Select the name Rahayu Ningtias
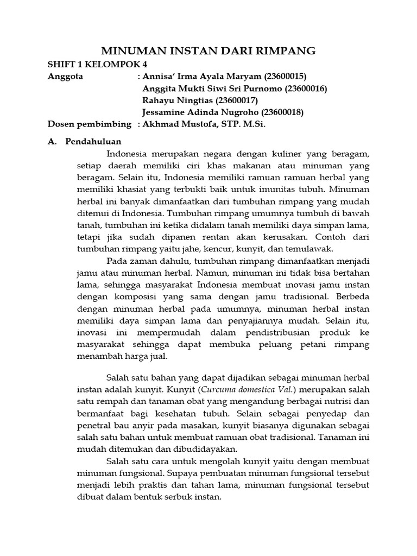pyautogui.click(x=177, y=100)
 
